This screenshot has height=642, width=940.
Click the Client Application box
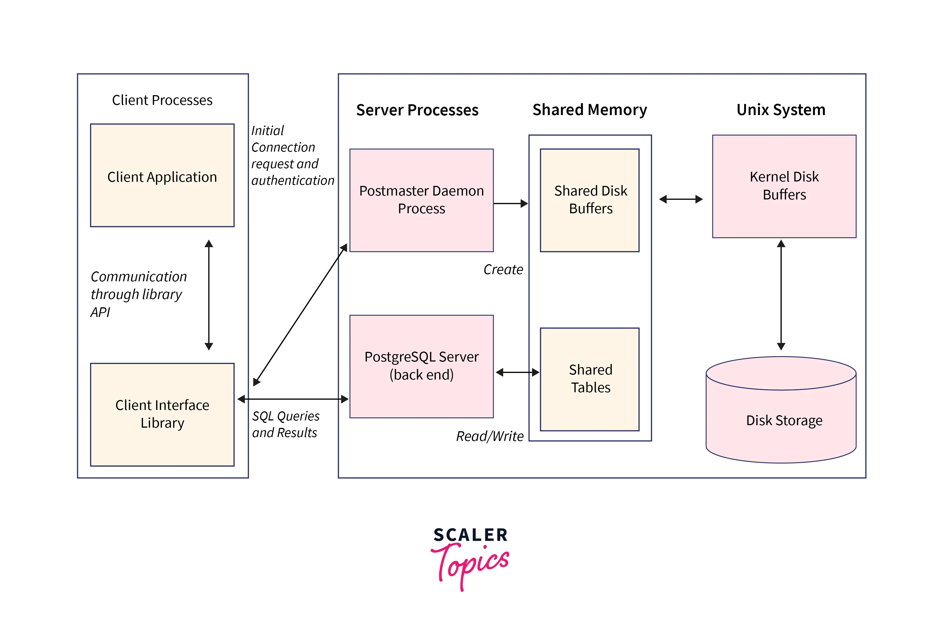(x=162, y=175)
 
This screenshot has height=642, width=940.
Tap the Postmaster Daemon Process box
(x=421, y=200)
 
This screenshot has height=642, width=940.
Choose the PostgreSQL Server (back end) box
(x=421, y=366)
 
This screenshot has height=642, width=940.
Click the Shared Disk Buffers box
(x=590, y=200)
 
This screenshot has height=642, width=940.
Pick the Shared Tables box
(x=590, y=379)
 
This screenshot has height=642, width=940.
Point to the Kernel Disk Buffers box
(x=784, y=186)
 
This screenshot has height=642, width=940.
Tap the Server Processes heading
(x=417, y=110)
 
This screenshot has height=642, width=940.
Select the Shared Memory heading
(x=589, y=110)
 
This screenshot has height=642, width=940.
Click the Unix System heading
(x=781, y=110)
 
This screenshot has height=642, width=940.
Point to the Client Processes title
(x=162, y=100)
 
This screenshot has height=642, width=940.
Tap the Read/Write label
(x=490, y=436)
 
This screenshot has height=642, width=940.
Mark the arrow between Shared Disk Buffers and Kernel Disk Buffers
(x=681, y=199)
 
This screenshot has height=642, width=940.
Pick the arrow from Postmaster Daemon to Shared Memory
(x=510, y=204)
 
